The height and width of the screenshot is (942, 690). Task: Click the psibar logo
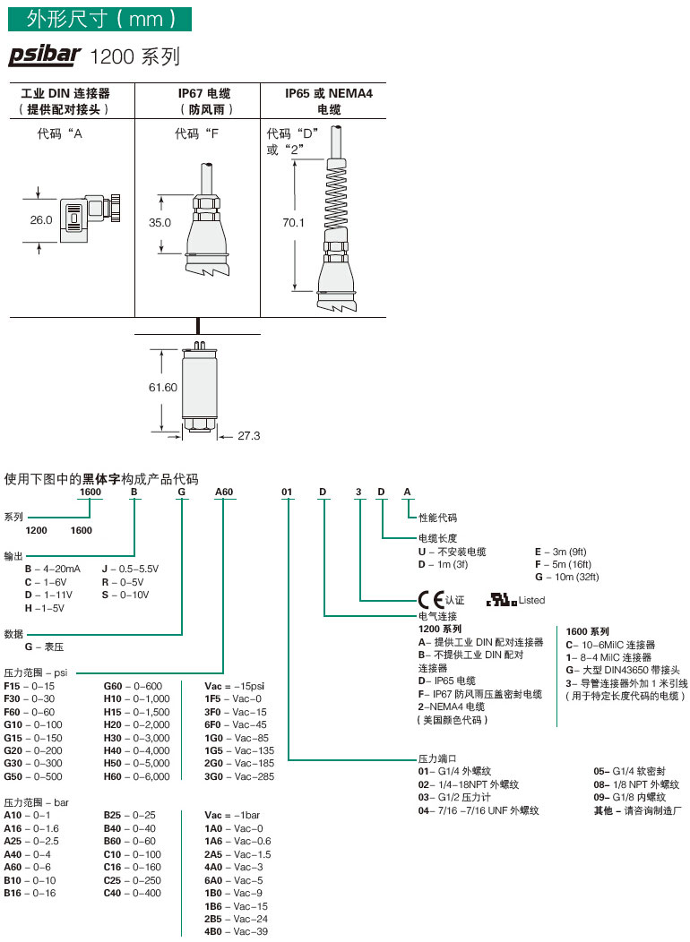point(46,56)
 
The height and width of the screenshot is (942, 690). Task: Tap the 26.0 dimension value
point(41,219)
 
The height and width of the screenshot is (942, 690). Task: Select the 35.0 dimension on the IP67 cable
point(160,223)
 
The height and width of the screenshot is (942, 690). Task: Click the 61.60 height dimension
point(163,387)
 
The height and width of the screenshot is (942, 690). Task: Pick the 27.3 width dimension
point(248,436)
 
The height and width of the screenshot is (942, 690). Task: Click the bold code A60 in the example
point(223,492)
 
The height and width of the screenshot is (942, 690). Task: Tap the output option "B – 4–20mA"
point(53,569)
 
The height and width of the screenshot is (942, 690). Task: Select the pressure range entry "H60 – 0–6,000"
point(136,776)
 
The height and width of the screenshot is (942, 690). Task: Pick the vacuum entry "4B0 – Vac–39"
point(237,932)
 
